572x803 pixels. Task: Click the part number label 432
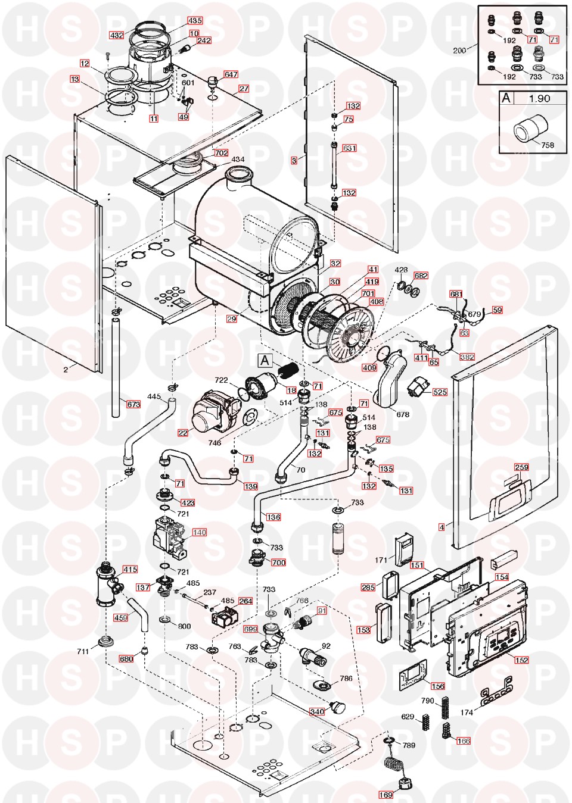tap(117, 35)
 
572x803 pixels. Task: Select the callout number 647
tap(231, 74)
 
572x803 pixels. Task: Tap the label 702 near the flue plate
tap(221, 152)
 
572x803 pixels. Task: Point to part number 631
tap(349, 148)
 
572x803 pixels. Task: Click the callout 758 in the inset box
tap(548, 145)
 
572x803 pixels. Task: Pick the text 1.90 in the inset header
tap(539, 99)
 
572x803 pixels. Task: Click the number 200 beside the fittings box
tap(459, 51)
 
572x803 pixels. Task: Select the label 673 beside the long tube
tap(133, 404)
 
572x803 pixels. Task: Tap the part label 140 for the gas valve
tap(199, 532)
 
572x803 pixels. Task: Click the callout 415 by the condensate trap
tap(130, 569)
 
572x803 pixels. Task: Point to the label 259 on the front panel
tap(521, 467)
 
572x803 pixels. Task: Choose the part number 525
tap(440, 392)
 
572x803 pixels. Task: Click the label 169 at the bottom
tap(386, 795)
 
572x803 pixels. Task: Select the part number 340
tap(317, 711)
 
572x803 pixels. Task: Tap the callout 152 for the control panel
tap(521, 660)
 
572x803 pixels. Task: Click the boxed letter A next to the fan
tap(265, 360)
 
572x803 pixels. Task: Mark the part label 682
tap(421, 276)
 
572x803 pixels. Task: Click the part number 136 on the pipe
tap(273, 517)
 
